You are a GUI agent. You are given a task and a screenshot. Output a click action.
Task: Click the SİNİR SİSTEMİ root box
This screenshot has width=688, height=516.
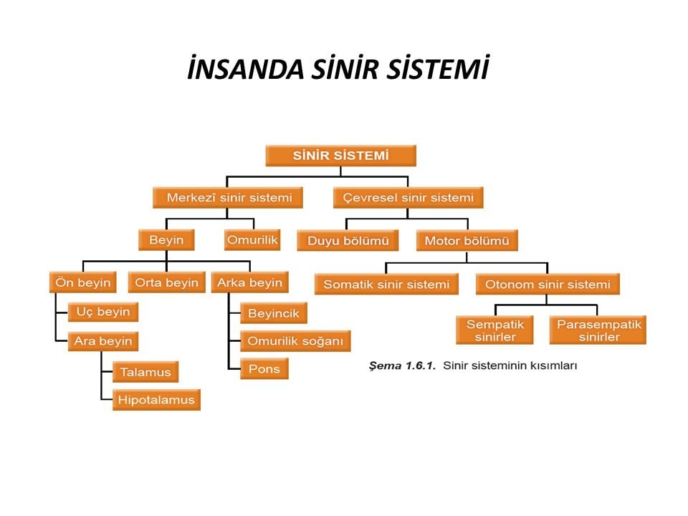tap(340, 156)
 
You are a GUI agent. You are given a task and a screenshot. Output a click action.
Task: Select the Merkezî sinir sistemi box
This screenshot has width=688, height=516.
tap(228, 197)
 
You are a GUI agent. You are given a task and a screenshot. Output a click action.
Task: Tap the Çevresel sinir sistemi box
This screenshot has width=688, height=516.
tap(408, 197)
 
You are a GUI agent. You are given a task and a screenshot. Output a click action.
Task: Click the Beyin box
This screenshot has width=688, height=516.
tap(166, 240)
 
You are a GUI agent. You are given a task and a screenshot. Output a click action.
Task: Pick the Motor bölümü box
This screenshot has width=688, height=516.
tap(467, 241)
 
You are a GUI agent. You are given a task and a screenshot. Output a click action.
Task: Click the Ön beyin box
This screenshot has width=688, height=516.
tap(83, 282)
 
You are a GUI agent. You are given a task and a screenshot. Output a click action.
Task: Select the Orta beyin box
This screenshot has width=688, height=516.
tap(166, 282)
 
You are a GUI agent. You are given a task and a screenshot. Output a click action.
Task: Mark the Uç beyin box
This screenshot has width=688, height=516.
tap(102, 312)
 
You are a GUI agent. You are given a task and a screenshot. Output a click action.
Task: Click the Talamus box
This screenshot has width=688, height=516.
tap(145, 372)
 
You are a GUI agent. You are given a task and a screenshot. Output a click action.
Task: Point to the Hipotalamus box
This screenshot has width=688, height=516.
tap(156, 400)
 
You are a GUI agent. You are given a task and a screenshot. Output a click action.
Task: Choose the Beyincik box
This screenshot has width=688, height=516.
tap(274, 313)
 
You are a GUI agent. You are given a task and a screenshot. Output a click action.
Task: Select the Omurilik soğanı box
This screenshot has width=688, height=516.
tap(295, 341)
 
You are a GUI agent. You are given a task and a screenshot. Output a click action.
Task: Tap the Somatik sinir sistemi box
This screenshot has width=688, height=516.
tap(386, 285)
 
